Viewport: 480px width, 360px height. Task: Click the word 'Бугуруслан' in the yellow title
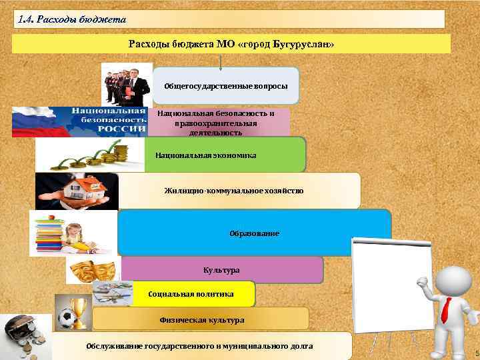(299, 44)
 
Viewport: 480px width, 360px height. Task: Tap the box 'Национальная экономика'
(205, 155)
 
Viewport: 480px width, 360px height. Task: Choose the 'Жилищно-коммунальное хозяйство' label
(234, 191)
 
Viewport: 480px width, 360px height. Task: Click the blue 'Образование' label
(254, 233)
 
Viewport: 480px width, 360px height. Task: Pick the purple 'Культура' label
(221, 270)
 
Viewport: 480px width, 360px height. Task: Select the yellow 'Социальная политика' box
(191, 294)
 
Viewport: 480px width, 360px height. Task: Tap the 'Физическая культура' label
(201, 320)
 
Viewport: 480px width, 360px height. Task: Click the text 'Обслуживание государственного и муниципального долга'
(199, 346)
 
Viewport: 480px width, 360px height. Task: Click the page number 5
(476, 353)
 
